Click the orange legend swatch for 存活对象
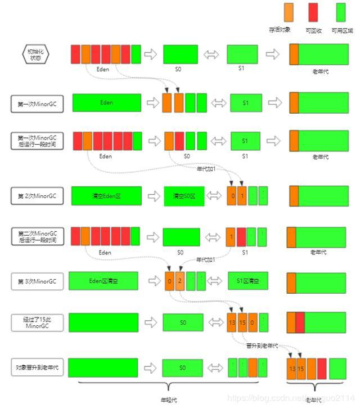coord(289,12)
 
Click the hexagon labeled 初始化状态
coord(35,55)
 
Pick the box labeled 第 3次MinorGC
coord(37,281)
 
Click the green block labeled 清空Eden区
coord(106,196)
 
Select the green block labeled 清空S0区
coord(184,196)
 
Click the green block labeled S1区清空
coord(248,280)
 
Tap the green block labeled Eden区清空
coord(103,280)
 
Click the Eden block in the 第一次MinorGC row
coord(107,103)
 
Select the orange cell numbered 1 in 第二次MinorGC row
coord(231,237)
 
